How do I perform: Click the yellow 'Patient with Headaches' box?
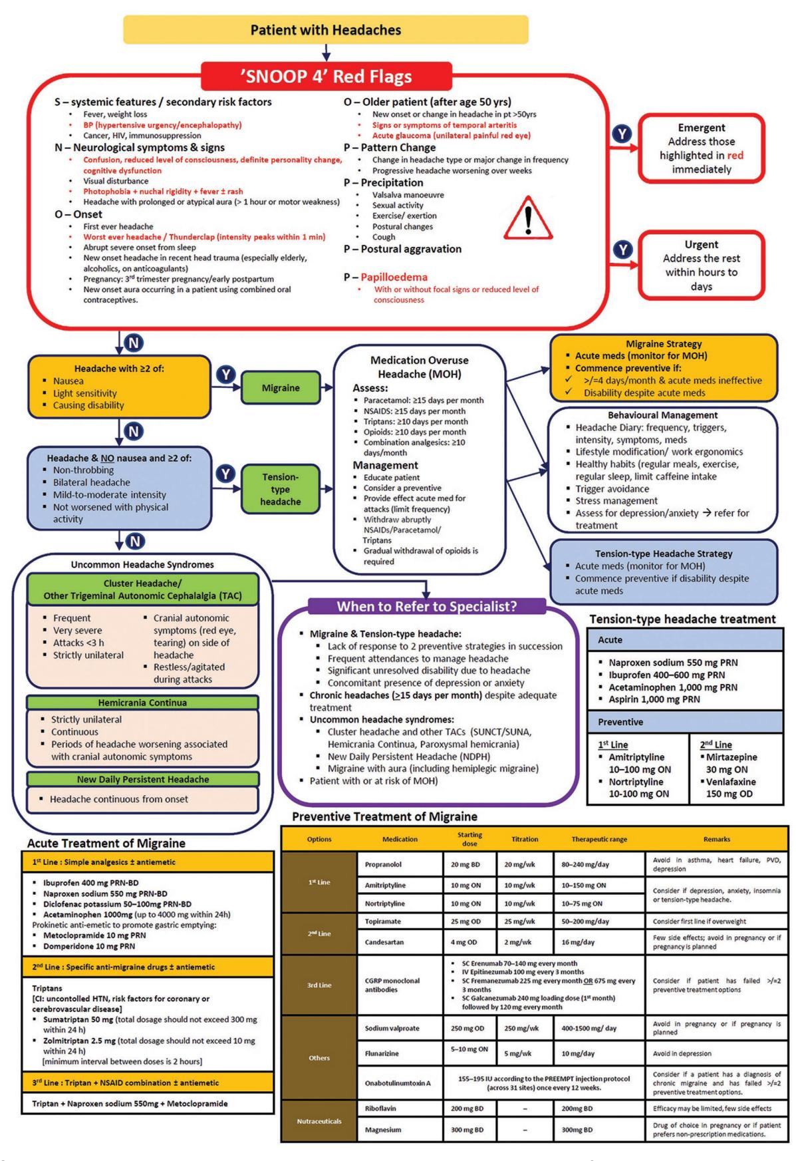tap(326, 30)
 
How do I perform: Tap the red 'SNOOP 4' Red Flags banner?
tap(326, 76)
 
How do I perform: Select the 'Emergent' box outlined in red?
tap(701, 148)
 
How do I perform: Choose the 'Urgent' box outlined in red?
tap(701, 265)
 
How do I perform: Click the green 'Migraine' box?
tap(281, 388)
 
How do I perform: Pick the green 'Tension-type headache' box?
tap(281, 489)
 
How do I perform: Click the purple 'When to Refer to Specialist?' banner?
tap(427, 606)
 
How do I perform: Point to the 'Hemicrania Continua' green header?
tap(142, 703)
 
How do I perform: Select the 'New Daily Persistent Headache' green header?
tap(142, 779)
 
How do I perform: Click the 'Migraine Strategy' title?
tap(664, 344)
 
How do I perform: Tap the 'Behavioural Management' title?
tap(662, 415)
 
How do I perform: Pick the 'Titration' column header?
tap(525, 839)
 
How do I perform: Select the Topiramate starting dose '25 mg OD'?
tap(469, 921)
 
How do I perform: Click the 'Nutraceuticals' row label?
tap(319, 1121)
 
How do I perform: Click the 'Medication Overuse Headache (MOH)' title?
tap(419, 367)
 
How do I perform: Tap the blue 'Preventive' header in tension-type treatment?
tap(685, 722)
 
